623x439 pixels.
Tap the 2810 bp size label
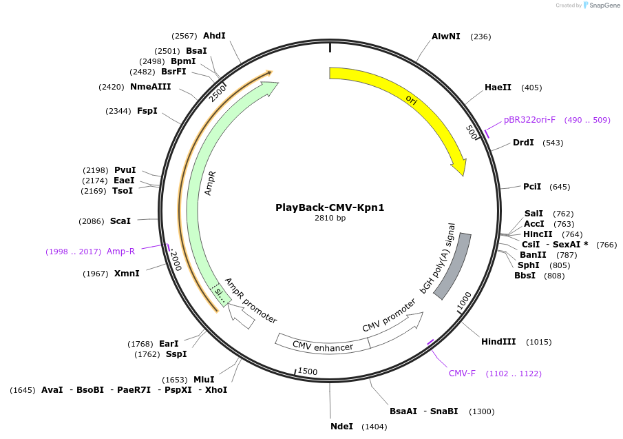(x=330, y=218)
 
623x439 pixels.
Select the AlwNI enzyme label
(x=446, y=36)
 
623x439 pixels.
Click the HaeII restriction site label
(x=498, y=88)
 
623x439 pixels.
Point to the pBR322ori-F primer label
(x=529, y=120)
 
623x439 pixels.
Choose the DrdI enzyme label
(x=523, y=143)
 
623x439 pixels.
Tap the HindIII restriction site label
(x=498, y=342)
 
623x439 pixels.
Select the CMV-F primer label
(x=462, y=374)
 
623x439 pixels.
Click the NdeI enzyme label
(x=341, y=427)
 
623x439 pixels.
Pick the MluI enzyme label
(x=203, y=380)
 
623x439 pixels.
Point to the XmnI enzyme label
(x=127, y=274)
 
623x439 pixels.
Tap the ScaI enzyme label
(x=120, y=221)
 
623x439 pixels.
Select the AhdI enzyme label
(x=214, y=36)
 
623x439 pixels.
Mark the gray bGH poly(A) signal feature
(x=452, y=265)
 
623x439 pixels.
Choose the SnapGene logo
(x=601, y=6)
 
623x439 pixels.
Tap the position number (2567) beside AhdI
(x=184, y=36)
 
